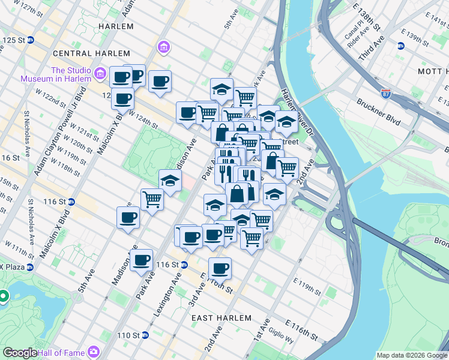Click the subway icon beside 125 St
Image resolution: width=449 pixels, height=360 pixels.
click(30, 40)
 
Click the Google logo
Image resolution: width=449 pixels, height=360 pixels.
click(19, 353)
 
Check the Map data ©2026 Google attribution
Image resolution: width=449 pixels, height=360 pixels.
click(411, 355)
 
